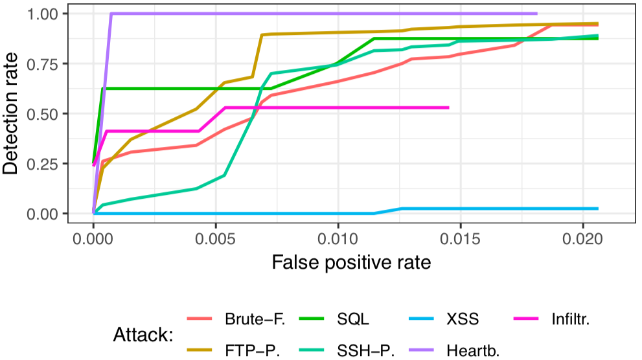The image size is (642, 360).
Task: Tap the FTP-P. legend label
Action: (x=249, y=350)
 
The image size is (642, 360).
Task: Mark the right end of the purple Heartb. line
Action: (x=537, y=13)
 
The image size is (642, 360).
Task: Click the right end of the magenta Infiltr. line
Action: (x=448, y=107)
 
